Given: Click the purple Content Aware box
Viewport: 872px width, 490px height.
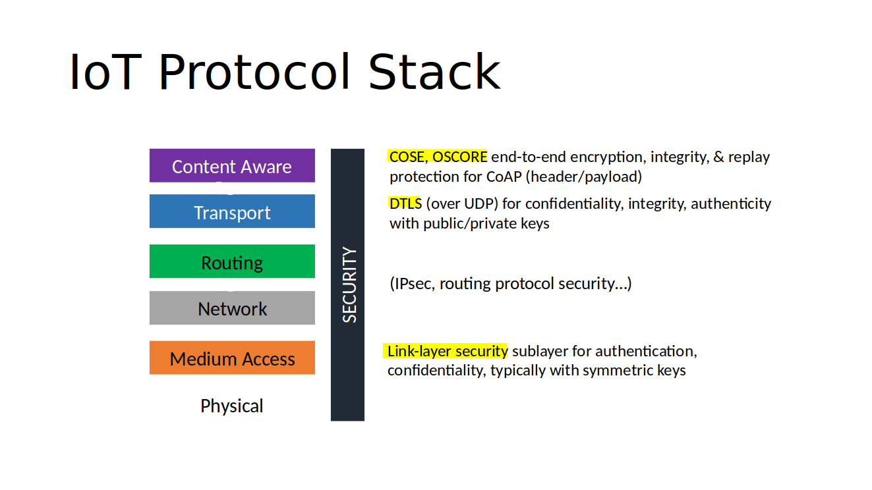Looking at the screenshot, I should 232,166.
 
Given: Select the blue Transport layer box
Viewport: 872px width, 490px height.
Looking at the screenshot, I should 232,212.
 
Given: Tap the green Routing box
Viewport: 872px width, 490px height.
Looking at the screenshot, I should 232,262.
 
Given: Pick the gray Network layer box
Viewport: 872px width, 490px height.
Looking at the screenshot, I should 232,308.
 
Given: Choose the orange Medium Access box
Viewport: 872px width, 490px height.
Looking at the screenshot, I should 232,358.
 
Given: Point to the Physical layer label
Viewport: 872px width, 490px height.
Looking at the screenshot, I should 232,406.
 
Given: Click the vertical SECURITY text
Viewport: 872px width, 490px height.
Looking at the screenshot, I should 349,285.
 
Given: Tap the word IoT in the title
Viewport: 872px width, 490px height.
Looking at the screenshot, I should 105,72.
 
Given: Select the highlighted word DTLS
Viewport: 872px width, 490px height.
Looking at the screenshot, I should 405,204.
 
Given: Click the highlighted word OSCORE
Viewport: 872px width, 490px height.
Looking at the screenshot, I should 459,157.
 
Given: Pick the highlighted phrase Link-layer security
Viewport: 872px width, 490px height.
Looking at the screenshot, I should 448,351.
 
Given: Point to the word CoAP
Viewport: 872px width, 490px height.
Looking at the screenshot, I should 504,177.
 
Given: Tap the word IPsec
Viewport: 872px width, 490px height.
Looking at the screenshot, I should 414,284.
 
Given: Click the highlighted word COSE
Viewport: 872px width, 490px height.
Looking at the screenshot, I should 407,157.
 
